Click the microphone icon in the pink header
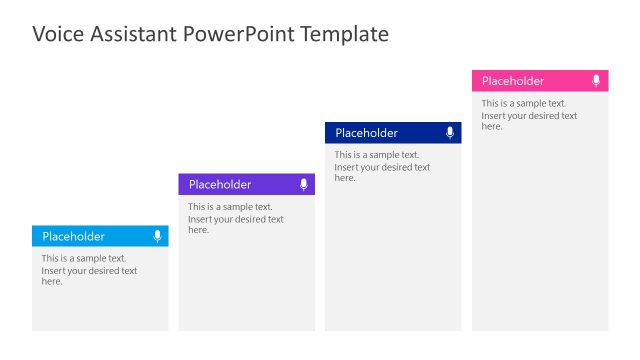(596, 81)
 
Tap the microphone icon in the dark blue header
(450, 133)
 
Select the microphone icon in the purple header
(304, 184)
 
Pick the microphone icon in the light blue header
(157, 236)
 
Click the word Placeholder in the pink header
(513, 81)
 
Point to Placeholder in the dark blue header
(366, 133)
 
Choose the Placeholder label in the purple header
(220, 184)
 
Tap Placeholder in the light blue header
(73, 236)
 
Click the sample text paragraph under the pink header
(529, 115)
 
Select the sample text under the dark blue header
(382, 166)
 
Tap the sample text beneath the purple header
(236, 218)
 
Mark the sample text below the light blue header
(89, 269)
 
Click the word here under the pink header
(492, 127)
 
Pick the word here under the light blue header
(52, 281)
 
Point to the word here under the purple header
(199, 230)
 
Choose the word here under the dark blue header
(345, 178)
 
